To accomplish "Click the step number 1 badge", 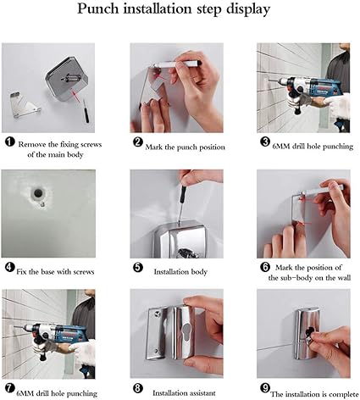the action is (x=9, y=142).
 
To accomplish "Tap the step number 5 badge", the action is (x=138, y=267).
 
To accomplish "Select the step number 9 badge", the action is (x=265, y=388).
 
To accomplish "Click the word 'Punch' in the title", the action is (x=98, y=8).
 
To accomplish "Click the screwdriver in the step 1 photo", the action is (x=86, y=111).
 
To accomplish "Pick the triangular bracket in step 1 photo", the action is (x=25, y=104).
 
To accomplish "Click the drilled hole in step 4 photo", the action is (x=37, y=193).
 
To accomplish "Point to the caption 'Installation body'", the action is (x=180, y=272).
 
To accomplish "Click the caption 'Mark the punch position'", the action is (x=186, y=147).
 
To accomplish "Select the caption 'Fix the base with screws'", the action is (x=55, y=272).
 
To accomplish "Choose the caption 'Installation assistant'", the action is (x=184, y=393).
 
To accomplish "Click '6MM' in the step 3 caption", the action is (x=280, y=147).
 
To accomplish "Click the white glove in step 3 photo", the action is (x=338, y=104).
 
